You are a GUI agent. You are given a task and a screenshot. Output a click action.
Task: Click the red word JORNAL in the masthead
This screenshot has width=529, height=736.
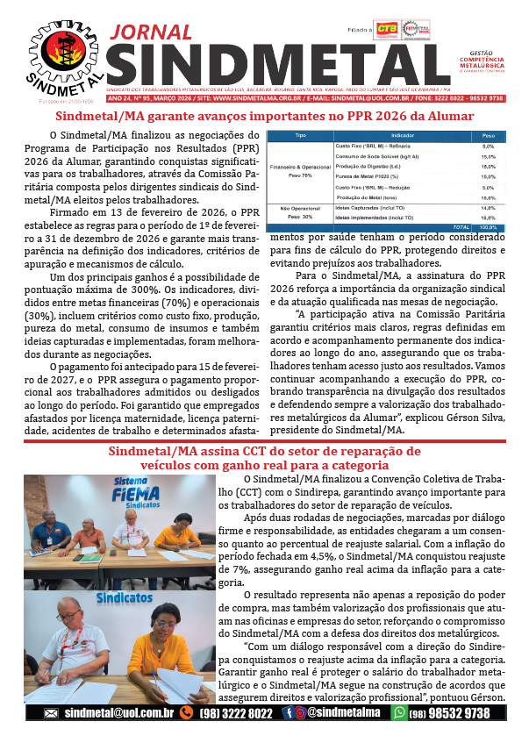[x=154, y=33]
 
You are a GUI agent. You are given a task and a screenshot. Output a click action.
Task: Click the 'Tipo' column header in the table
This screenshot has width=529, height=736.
[x=300, y=136]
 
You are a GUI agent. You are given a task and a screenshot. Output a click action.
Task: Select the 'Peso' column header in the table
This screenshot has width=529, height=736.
[x=489, y=136]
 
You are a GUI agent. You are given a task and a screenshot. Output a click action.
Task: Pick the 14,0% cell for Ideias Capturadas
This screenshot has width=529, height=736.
[x=489, y=208]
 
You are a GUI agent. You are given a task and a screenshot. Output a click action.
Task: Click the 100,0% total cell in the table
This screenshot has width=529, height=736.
[x=489, y=227]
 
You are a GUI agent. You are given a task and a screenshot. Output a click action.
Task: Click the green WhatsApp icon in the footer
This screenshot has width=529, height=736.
[x=399, y=714]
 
